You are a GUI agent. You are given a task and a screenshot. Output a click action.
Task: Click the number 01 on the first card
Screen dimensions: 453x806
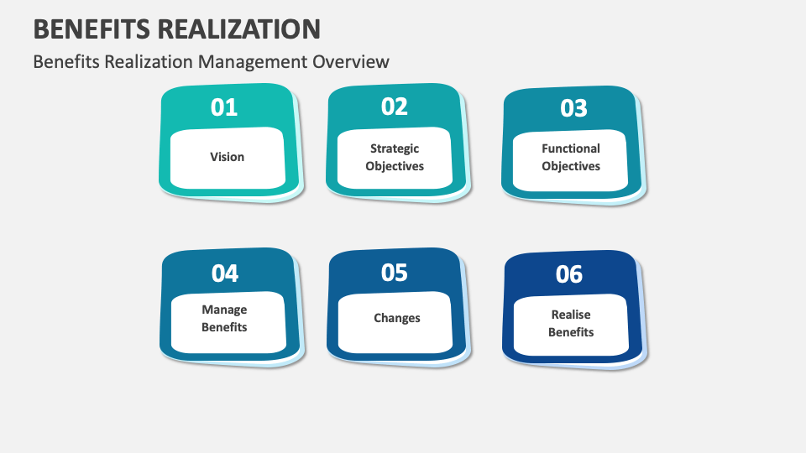(x=224, y=107)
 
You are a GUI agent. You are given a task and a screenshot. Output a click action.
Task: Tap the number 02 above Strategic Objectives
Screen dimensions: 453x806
(x=394, y=107)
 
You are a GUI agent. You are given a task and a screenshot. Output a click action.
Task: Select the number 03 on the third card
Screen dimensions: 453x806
(x=573, y=108)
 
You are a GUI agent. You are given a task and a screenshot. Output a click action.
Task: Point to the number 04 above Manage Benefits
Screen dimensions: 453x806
(x=225, y=273)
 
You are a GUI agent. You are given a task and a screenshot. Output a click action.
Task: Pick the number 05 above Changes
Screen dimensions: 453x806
(x=394, y=273)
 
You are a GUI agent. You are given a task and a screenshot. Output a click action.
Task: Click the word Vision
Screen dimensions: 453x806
(x=228, y=157)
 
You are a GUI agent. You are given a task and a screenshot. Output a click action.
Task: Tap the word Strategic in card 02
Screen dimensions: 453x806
(x=395, y=148)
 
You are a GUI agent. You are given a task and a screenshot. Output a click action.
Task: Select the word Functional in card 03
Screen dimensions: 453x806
(x=571, y=148)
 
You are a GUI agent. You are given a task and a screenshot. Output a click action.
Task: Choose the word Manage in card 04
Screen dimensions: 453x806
(x=224, y=310)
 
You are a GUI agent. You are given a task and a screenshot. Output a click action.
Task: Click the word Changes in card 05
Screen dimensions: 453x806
(x=397, y=318)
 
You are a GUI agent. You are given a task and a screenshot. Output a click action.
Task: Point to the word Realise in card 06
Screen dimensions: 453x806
(x=571, y=315)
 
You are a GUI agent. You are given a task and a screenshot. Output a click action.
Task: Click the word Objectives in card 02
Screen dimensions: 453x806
(x=395, y=166)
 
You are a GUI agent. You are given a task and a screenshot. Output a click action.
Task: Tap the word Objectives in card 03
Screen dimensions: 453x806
(x=571, y=166)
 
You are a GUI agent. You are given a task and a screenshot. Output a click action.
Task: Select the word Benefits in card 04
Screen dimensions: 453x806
(x=224, y=327)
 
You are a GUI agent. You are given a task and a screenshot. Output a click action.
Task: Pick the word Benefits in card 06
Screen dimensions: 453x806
(x=571, y=332)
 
